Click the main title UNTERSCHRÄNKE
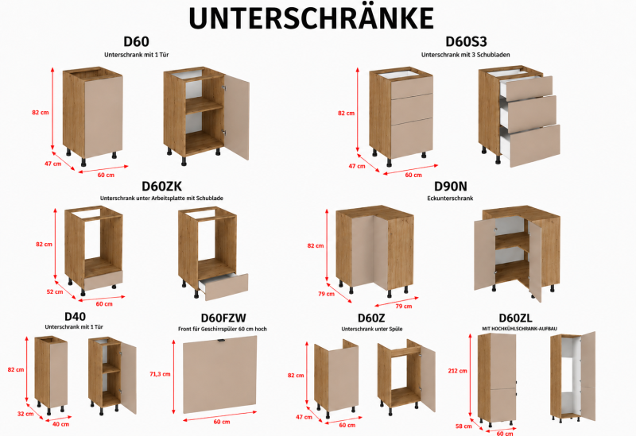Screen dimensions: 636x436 [x=311, y=17]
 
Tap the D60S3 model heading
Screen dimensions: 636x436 [x=466, y=41]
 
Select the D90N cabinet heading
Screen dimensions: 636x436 [x=450, y=186]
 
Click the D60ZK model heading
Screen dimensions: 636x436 [x=161, y=186]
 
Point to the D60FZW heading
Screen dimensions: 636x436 [x=223, y=318]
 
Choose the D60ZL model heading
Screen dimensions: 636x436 [x=515, y=318]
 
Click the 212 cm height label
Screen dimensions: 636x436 [x=457, y=371]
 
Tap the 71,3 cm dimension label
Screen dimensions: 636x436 [x=160, y=374]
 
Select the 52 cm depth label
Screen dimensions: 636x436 [x=55, y=291]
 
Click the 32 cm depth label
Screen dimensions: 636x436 [x=25, y=414]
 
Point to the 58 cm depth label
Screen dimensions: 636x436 [x=463, y=426]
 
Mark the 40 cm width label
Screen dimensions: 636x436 [x=61, y=424]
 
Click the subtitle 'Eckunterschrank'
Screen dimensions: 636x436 [x=450, y=198]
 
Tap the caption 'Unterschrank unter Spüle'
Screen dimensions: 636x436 [x=372, y=329]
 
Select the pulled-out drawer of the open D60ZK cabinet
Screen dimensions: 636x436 [x=223, y=287]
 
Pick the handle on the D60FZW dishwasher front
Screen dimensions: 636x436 [x=221, y=341]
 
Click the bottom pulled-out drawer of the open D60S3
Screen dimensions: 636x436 [x=530, y=145]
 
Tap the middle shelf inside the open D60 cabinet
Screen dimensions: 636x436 [x=204, y=106]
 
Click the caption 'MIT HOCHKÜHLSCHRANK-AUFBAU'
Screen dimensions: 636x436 [x=520, y=329]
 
